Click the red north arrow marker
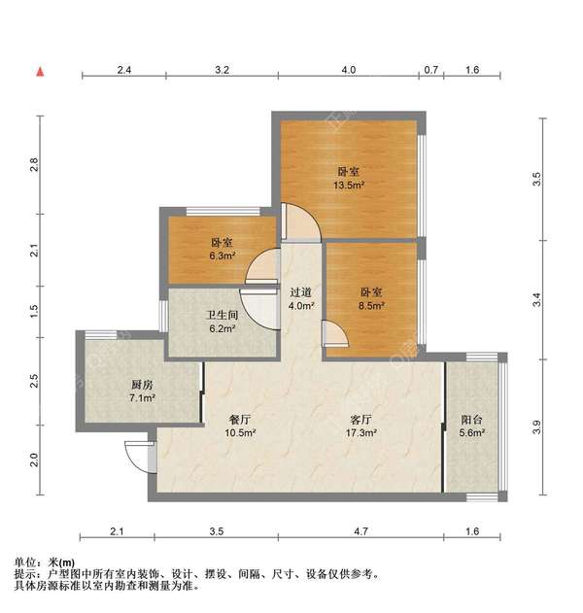pos(40,71)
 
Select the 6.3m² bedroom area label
pos(222,256)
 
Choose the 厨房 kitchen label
pos(115,383)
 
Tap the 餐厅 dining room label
pos(239,419)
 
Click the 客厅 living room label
pos(362,419)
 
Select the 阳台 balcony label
pos(472,420)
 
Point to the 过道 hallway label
pos(301,291)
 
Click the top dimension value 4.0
pos(349,70)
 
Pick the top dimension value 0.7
pos(431,70)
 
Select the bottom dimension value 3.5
pos(216,532)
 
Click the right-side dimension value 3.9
pos(537,426)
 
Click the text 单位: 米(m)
pos(45,562)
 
